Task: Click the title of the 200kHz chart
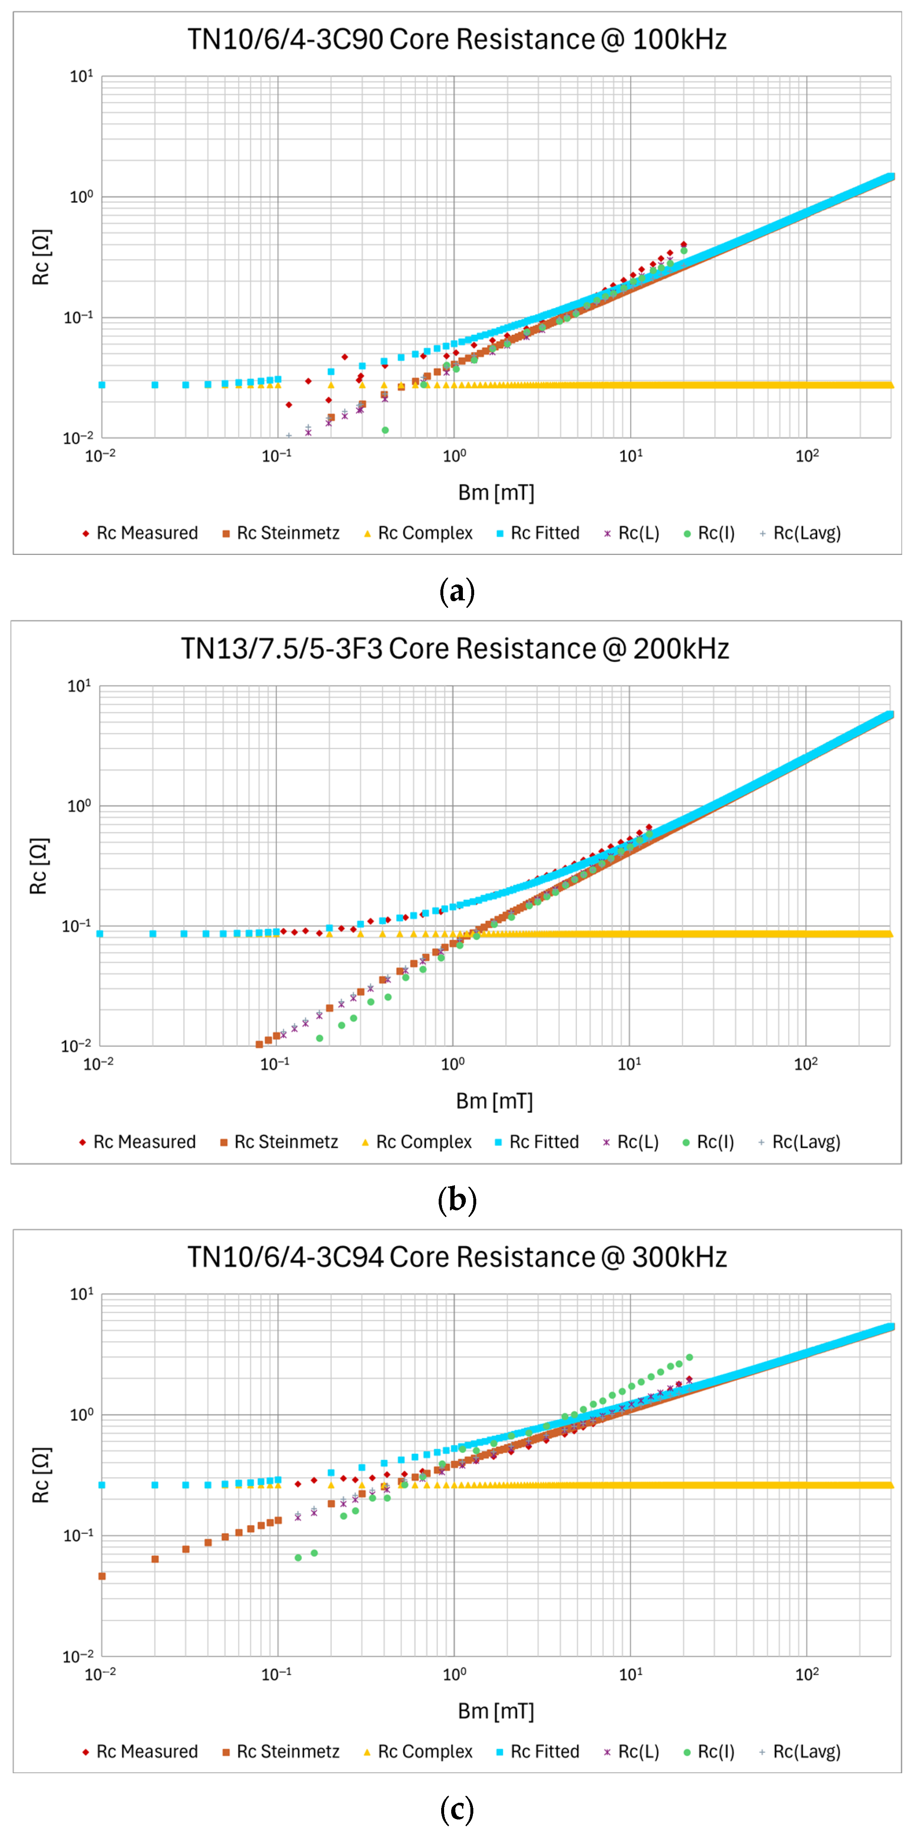pos(455,648)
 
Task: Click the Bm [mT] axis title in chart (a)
pos(495,493)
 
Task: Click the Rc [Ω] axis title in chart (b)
pos(38,866)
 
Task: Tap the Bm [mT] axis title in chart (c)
pos(495,1711)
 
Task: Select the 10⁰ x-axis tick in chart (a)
pos(454,455)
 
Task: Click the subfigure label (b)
pos(456,1200)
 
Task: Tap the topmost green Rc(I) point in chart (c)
pos(689,1357)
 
